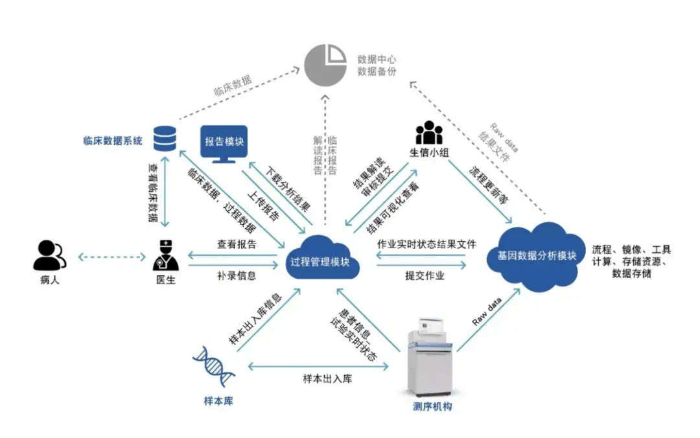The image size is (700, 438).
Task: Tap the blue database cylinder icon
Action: tap(165, 138)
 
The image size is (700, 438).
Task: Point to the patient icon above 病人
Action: tap(49, 255)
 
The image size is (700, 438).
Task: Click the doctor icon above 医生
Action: tap(165, 255)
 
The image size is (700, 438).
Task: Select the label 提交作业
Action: tap(425, 275)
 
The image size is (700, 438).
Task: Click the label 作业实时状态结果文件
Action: tap(426, 244)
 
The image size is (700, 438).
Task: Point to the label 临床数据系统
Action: tap(113, 141)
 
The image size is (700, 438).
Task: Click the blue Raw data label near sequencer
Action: tap(487, 312)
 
